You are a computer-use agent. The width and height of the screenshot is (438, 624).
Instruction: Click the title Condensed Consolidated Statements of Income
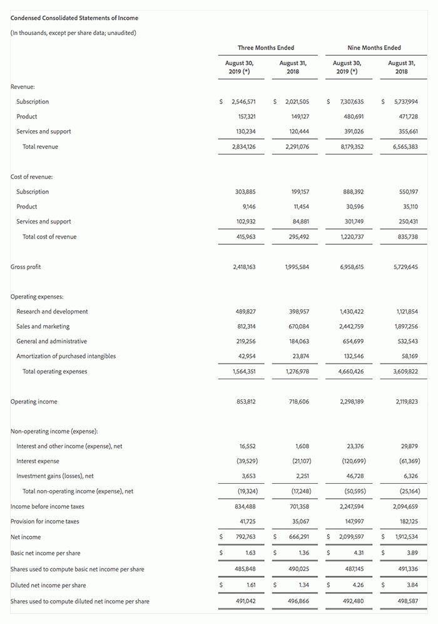click(74, 18)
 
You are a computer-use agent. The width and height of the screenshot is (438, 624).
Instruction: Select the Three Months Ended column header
click(265, 48)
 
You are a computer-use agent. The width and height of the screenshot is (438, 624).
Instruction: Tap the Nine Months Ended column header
click(374, 48)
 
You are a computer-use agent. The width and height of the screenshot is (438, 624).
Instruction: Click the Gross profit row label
click(26, 267)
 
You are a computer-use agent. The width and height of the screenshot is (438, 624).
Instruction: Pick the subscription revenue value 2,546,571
click(243, 101)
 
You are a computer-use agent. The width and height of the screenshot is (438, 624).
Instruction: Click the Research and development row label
click(52, 312)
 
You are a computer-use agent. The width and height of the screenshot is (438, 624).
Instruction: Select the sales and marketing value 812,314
click(243, 327)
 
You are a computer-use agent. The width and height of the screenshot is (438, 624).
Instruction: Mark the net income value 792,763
click(243, 537)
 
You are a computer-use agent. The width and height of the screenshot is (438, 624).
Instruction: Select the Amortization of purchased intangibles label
click(66, 356)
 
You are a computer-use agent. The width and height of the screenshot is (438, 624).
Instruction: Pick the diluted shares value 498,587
click(407, 601)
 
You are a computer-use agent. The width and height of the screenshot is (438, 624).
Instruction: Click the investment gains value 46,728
click(355, 476)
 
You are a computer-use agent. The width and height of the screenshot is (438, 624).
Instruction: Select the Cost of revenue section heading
click(32, 176)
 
